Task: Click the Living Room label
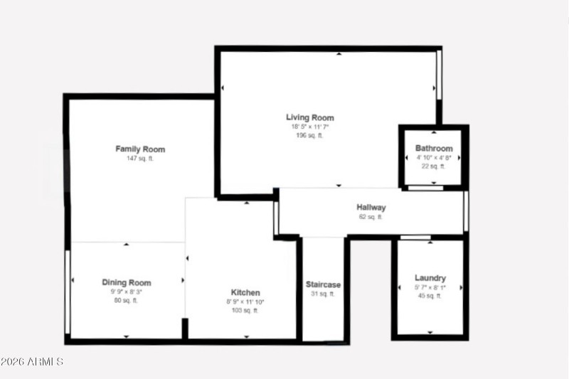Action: pyautogui.click(x=310, y=117)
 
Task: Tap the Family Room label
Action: pyautogui.click(x=140, y=149)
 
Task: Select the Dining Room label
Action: pyautogui.click(x=127, y=282)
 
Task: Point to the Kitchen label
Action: pyautogui.click(x=245, y=292)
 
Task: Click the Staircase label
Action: pyautogui.click(x=323, y=284)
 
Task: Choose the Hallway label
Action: pyautogui.click(x=371, y=208)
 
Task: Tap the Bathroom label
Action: pyautogui.click(x=434, y=149)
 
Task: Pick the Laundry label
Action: pyautogui.click(x=430, y=277)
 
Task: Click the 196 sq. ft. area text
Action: pyautogui.click(x=310, y=135)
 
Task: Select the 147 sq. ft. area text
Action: pyautogui.click(x=140, y=159)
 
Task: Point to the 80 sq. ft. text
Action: pyautogui.click(x=127, y=300)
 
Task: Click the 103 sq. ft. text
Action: pyautogui.click(x=245, y=310)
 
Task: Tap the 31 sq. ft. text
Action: pyautogui.click(x=323, y=293)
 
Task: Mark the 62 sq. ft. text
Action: pyautogui.click(x=371, y=217)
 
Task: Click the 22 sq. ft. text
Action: pyautogui.click(x=434, y=166)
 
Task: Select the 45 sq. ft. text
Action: pyautogui.click(x=430, y=295)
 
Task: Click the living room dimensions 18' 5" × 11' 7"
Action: pyautogui.click(x=310, y=127)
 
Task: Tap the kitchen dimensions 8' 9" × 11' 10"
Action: pyautogui.click(x=245, y=301)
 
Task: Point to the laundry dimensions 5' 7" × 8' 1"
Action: pyautogui.click(x=430, y=287)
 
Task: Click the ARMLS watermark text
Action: pyautogui.click(x=32, y=362)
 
